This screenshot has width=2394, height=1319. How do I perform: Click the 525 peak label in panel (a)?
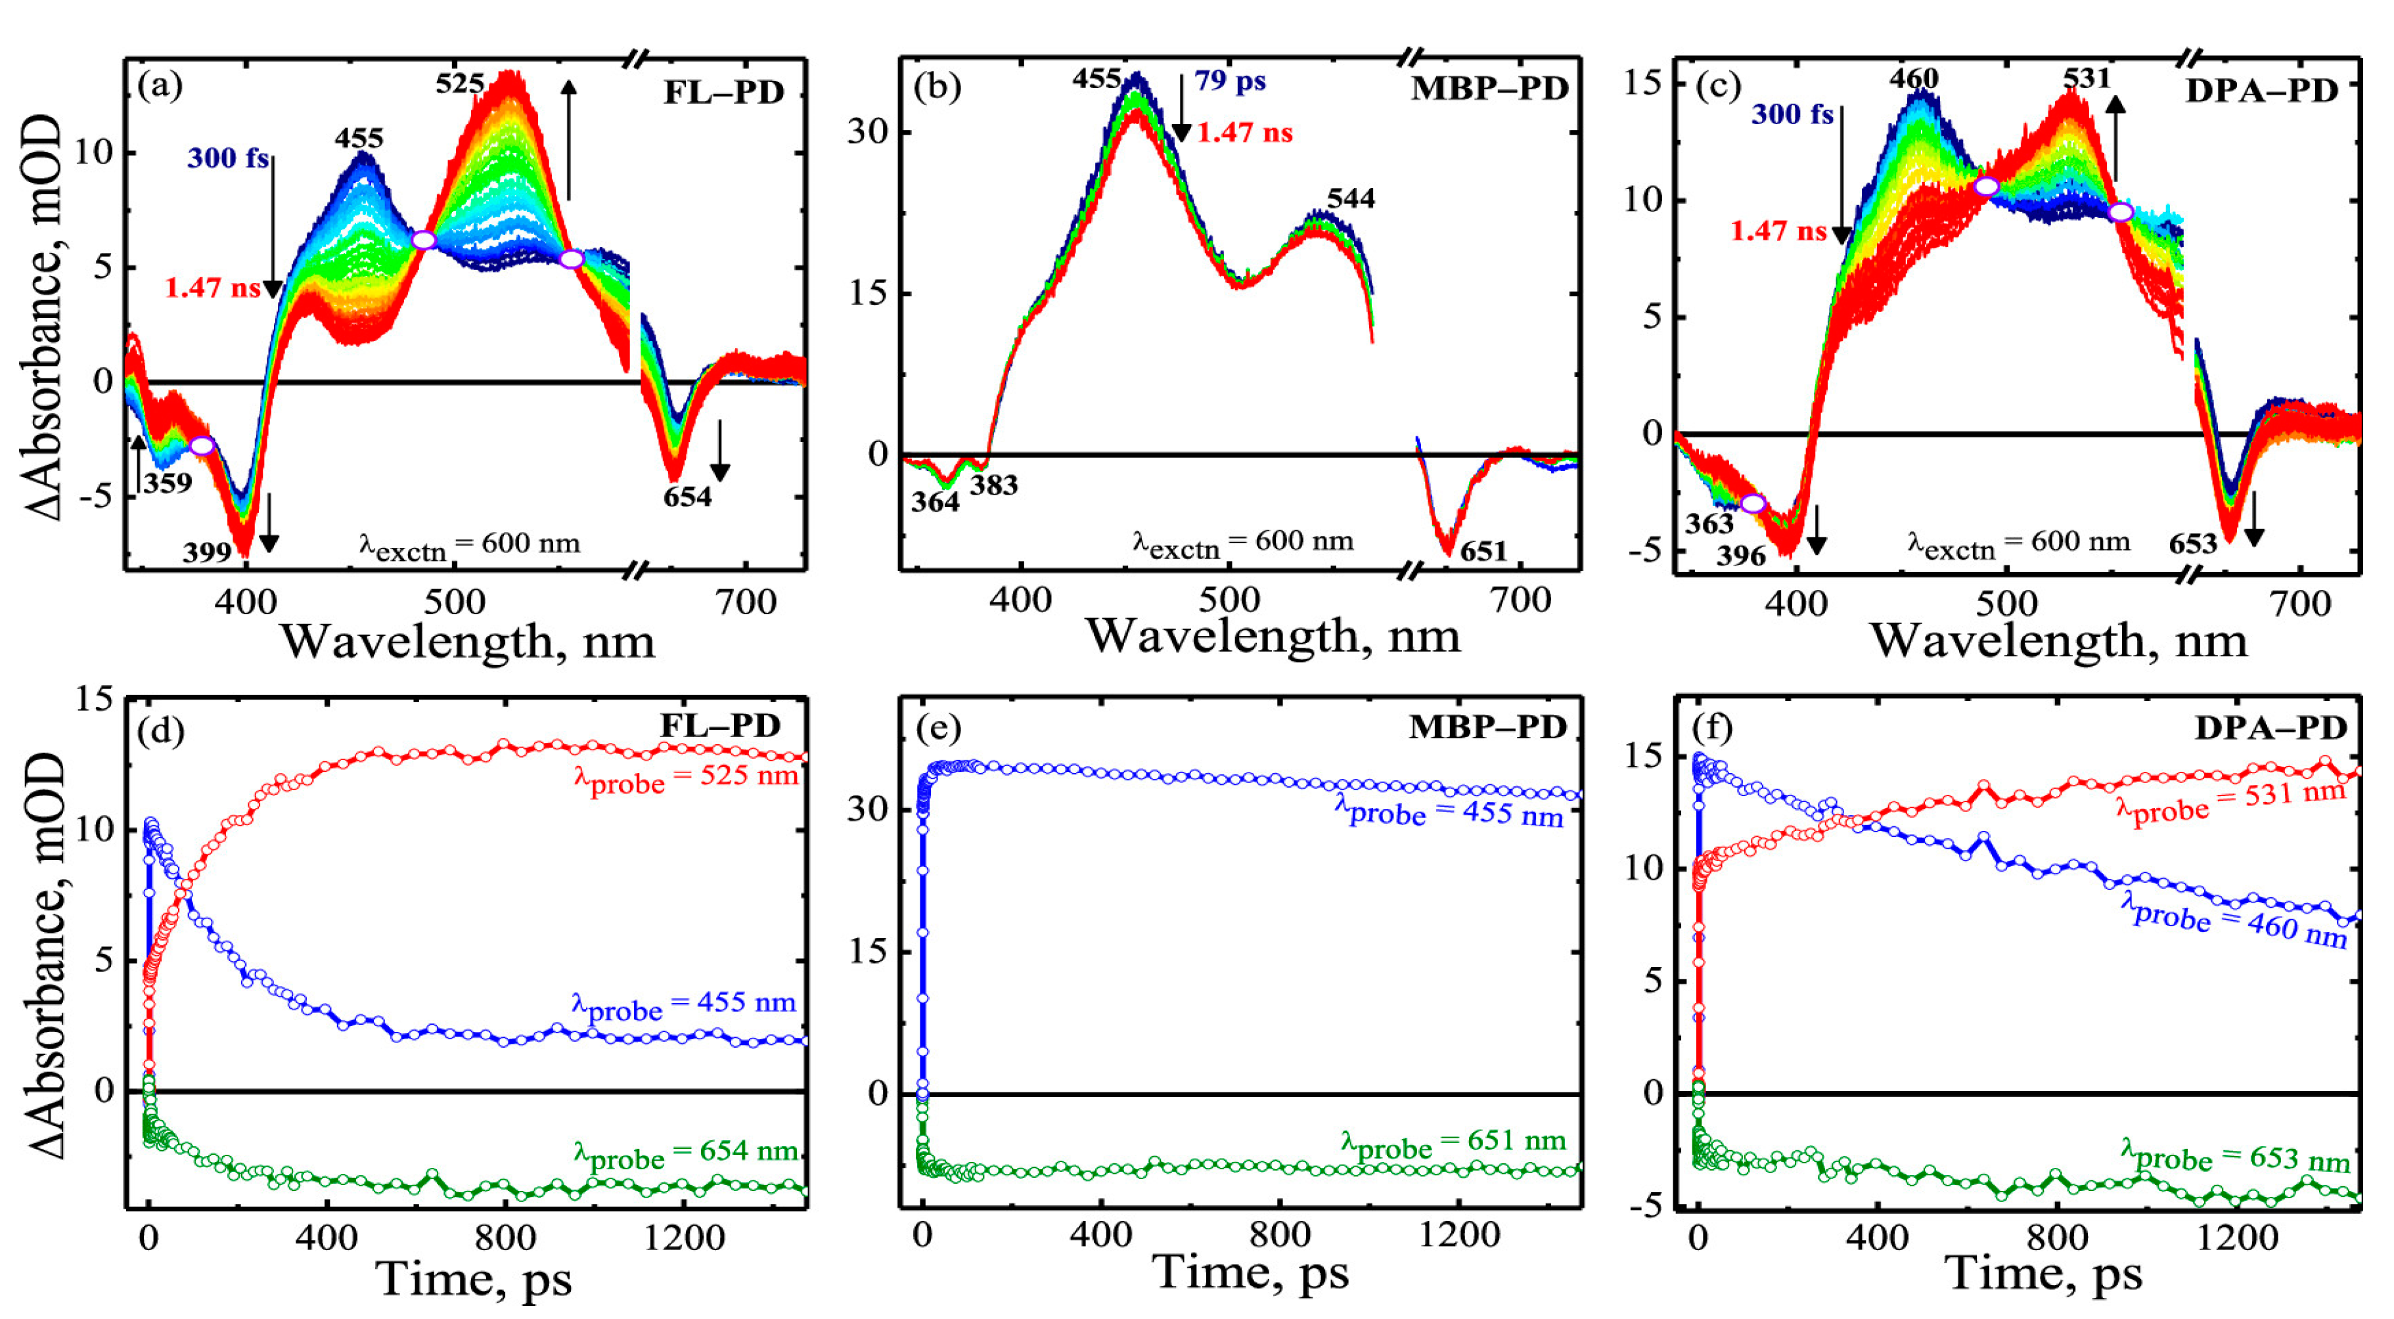tap(460, 83)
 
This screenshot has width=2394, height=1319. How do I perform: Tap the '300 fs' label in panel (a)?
tap(228, 158)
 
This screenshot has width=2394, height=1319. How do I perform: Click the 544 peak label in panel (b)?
tap(1350, 198)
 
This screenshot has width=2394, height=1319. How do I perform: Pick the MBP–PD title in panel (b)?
tap(1489, 88)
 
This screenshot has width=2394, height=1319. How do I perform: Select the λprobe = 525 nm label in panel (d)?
tap(686, 777)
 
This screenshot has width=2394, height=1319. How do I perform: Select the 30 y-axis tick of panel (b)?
tap(868, 131)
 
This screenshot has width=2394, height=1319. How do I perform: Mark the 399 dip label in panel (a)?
tap(206, 553)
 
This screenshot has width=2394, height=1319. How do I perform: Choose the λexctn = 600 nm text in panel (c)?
tap(2018, 543)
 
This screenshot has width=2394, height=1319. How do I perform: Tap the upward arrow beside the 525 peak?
tap(569, 139)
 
